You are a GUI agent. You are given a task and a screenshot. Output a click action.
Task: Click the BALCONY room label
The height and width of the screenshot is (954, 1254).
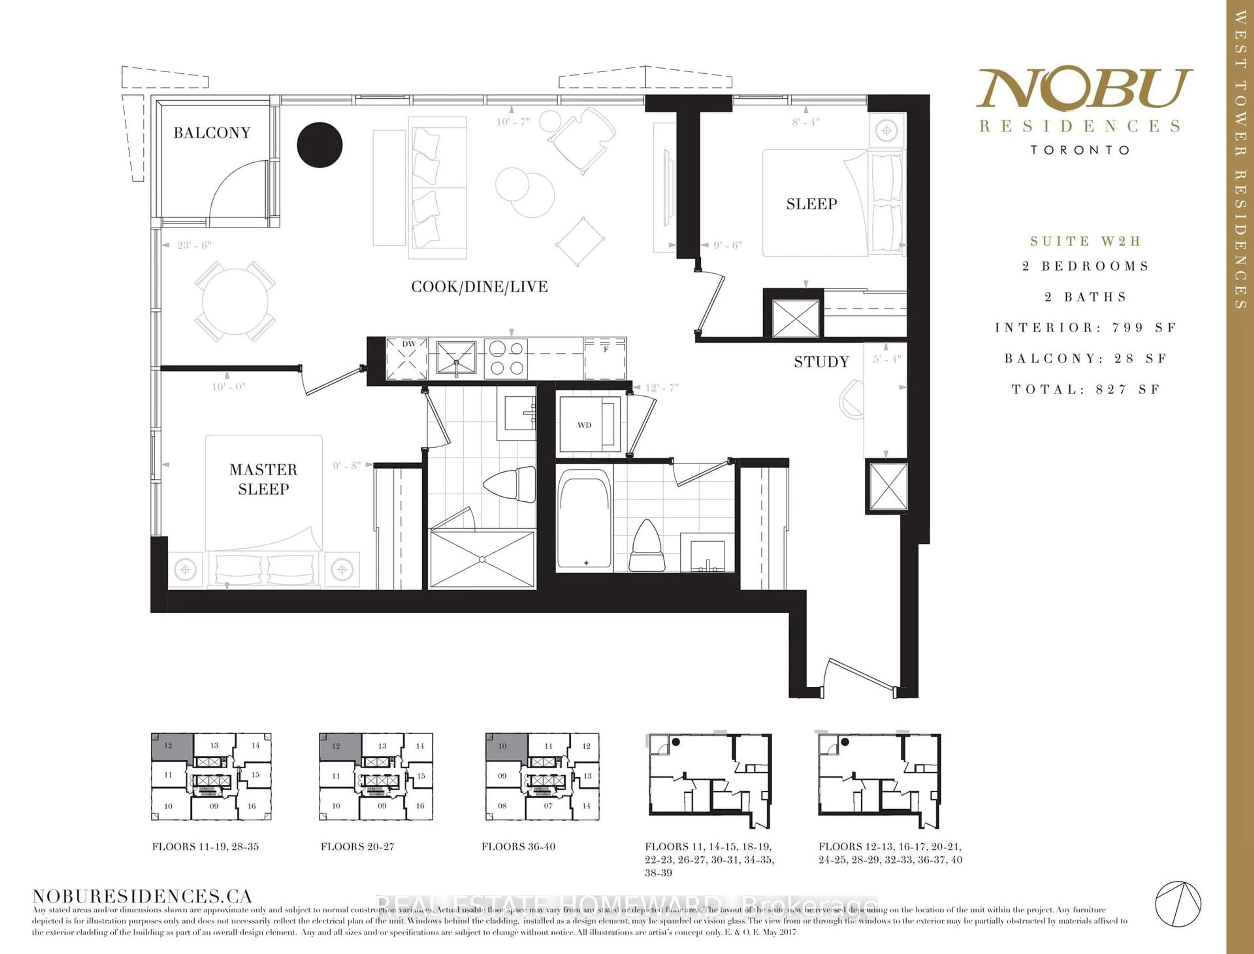[212, 133]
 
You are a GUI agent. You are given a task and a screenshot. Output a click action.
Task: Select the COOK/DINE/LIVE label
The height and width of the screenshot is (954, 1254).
[479, 287]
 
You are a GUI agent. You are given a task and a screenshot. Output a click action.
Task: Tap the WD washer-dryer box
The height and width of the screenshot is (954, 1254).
[589, 425]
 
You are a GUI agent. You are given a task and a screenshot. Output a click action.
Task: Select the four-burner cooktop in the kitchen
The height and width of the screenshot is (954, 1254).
[506, 358]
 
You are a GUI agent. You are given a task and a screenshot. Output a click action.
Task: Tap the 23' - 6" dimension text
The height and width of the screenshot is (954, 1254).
[194, 245]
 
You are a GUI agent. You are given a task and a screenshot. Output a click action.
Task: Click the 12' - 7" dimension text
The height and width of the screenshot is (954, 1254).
[662, 388]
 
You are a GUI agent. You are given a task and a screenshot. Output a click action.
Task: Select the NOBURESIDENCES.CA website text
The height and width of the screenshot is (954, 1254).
[142, 896]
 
